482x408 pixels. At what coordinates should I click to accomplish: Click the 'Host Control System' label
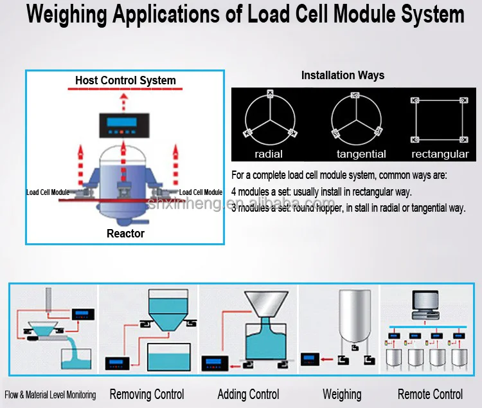click(x=125, y=80)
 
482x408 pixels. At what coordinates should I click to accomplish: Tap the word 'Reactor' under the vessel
click(x=125, y=234)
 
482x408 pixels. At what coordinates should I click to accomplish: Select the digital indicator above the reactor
click(x=125, y=126)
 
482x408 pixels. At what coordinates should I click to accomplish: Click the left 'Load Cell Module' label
click(x=48, y=192)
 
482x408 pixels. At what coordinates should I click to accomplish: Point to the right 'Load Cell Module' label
click(x=201, y=192)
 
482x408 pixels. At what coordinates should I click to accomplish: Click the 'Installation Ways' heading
click(x=343, y=75)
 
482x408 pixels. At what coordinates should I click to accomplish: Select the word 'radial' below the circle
click(x=269, y=154)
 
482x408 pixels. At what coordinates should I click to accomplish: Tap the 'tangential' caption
click(x=361, y=154)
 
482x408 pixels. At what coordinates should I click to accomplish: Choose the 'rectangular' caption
click(x=440, y=154)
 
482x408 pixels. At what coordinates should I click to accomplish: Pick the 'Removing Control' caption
click(x=147, y=394)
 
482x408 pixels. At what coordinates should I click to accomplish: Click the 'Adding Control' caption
click(x=248, y=394)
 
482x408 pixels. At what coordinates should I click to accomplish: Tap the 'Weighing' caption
click(x=342, y=394)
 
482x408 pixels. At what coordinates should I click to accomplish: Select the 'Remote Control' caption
click(x=430, y=394)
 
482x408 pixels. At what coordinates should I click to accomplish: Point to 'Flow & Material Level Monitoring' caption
click(x=50, y=394)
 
